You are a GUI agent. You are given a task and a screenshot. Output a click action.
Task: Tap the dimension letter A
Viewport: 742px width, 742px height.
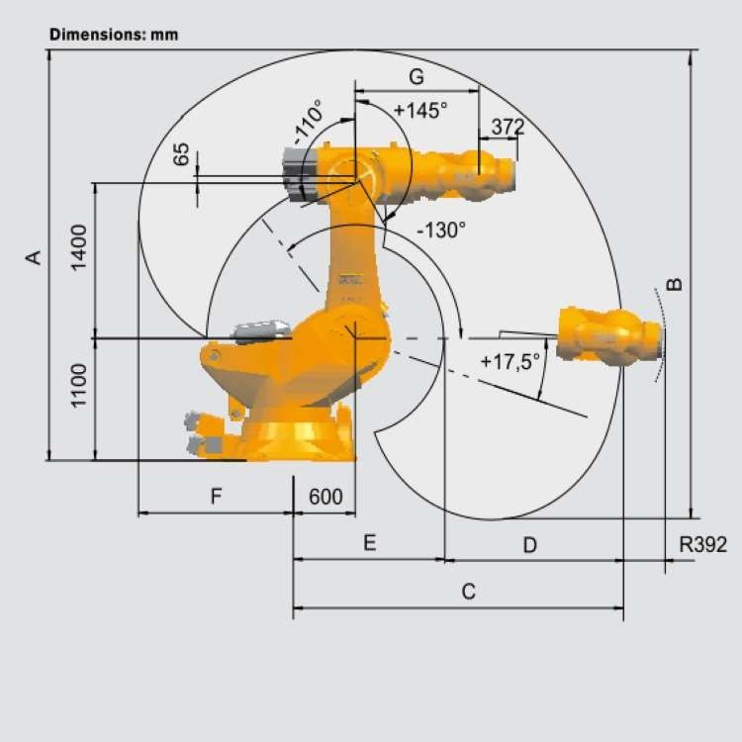pos(34,256)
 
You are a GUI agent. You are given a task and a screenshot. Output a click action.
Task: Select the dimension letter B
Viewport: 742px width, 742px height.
pos(675,284)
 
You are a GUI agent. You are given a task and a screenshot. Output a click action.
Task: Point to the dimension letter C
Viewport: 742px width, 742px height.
pos(469,592)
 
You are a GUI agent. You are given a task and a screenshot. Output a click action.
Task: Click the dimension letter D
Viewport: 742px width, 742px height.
pos(529,544)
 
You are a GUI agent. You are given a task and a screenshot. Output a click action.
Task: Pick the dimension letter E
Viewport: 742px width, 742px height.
pos(369,543)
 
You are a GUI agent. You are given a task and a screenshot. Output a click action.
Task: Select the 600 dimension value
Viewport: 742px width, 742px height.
pos(325,498)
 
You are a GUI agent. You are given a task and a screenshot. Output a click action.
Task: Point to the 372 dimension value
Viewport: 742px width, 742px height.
pos(507,127)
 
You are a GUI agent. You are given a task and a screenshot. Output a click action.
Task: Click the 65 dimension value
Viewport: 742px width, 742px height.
pos(181,154)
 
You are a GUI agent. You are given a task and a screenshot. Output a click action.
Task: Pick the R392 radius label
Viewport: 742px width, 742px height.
pos(702,544)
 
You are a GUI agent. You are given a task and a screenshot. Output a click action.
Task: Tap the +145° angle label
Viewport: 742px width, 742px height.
pos(420,110)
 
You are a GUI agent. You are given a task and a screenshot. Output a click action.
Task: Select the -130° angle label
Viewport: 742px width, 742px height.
pos(440,231)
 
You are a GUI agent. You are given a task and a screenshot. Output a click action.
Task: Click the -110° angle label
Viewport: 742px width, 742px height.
pos(308,123)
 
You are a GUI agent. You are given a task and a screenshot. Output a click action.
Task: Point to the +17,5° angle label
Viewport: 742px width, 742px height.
pos(510,362)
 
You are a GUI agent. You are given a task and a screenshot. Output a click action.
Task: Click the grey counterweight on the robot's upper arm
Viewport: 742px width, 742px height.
pos(298,174)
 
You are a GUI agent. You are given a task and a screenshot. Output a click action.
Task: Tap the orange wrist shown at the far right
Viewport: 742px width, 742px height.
pos(609,335)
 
